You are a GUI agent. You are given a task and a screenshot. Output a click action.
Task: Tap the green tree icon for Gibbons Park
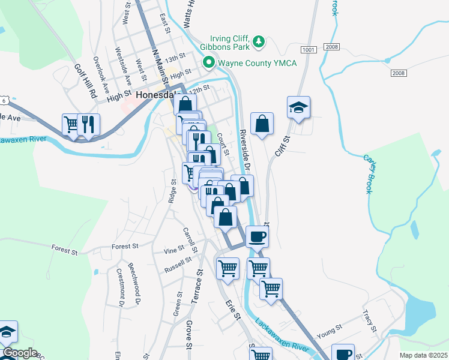(x=259, y=41)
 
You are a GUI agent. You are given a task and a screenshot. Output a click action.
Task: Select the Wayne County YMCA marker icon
(x=209, y=62)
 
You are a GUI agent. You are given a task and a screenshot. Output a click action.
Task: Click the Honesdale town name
(x=158, y=95)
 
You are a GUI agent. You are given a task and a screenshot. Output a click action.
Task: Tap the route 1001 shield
(x=309, y=49)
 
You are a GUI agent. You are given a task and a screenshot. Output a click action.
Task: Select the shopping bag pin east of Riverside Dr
(x=262, y=124)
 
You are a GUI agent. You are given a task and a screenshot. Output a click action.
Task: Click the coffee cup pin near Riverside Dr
(x=257, y=236)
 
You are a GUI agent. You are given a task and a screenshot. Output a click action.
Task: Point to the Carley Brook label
(x=367, y=174)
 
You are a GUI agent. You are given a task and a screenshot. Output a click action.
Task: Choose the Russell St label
(x=178, y=265)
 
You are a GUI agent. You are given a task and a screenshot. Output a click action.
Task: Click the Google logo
(x=19, y=353)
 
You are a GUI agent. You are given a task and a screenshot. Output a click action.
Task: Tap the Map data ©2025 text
(x=423, y=355)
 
